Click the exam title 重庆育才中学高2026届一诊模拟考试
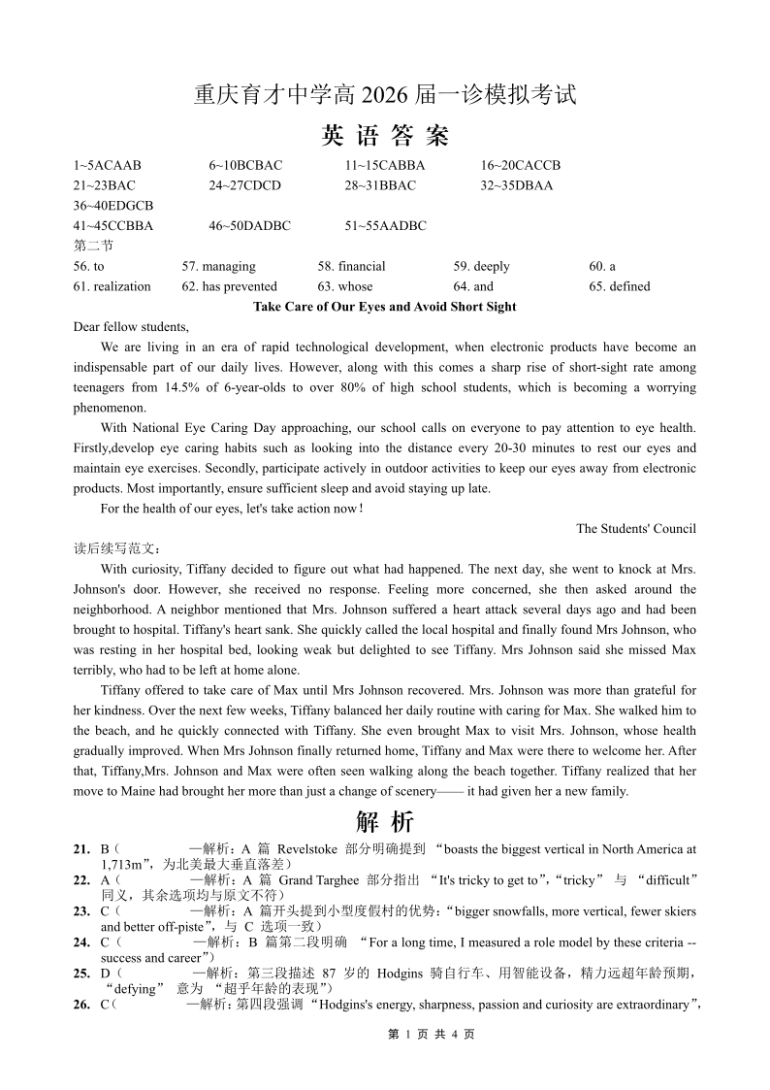[384, 95]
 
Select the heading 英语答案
[384, 136]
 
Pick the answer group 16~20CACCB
[521, 165]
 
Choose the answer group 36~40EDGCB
[113, 206]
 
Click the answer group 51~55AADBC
[385, 226]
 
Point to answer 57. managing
[219, 266]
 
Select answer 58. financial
[351, 266]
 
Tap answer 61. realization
[112, 286]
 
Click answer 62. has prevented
[229, 286]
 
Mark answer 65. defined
[620, 286]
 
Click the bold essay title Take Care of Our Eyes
[384, 307]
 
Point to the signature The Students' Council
[636, 529]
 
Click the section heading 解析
[384, 822]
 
